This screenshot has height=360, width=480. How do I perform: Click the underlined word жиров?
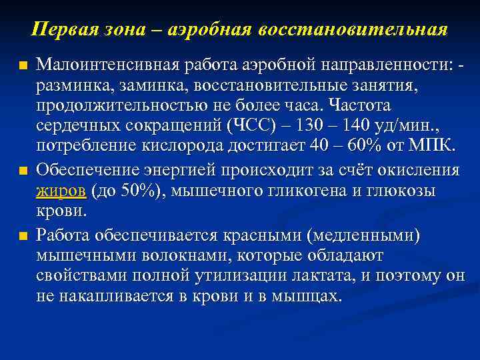click(61, 191)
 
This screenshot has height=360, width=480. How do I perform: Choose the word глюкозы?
click(397, 191)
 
